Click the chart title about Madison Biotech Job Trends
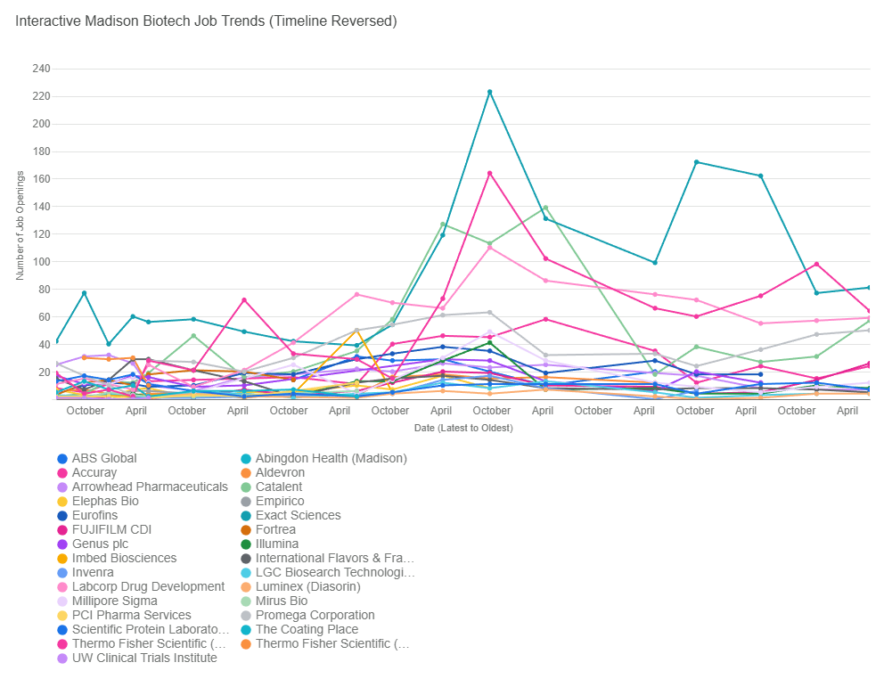pos(206,20)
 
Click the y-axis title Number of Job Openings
pos(20,225)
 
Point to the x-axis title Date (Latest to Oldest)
pos(462,428)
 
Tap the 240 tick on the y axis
pos(41,69)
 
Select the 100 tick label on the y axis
pos(41,262)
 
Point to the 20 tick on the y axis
pos(44,372)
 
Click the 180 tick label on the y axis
pos(41,151)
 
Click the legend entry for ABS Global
pos(104,458)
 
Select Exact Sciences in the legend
pos(298,515)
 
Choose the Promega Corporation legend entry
pos(315,615)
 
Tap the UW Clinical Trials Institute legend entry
pos(143,658)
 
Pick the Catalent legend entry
pos(278,487)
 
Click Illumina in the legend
pos(276,544)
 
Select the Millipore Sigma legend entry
pos(115,601)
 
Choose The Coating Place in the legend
pos(307,629)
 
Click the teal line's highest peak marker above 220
pos(489,92)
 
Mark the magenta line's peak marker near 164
pos(489,173)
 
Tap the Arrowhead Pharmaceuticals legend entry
pos(150,487)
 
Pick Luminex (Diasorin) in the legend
pos(307,586)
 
